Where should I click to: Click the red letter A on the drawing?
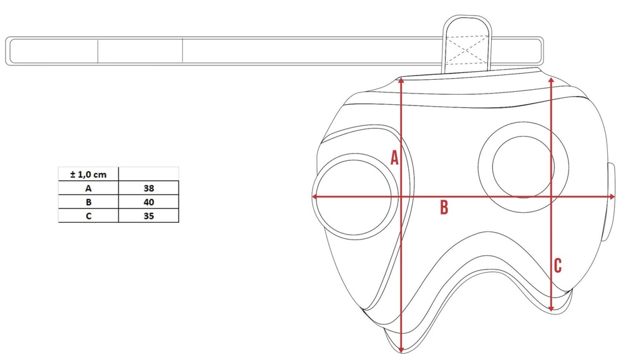coord(394,158)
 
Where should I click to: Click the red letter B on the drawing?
coord(444,207)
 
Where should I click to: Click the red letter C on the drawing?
coord(558,266)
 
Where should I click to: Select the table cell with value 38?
coord(149,188)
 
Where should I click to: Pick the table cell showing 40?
coord(149,202)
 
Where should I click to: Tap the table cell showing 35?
coord(149,216)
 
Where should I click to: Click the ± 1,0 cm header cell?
coord(89,174)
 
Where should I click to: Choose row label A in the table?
coord(89,188)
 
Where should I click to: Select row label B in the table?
coord(89,202)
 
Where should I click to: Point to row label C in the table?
coord(89,216)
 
